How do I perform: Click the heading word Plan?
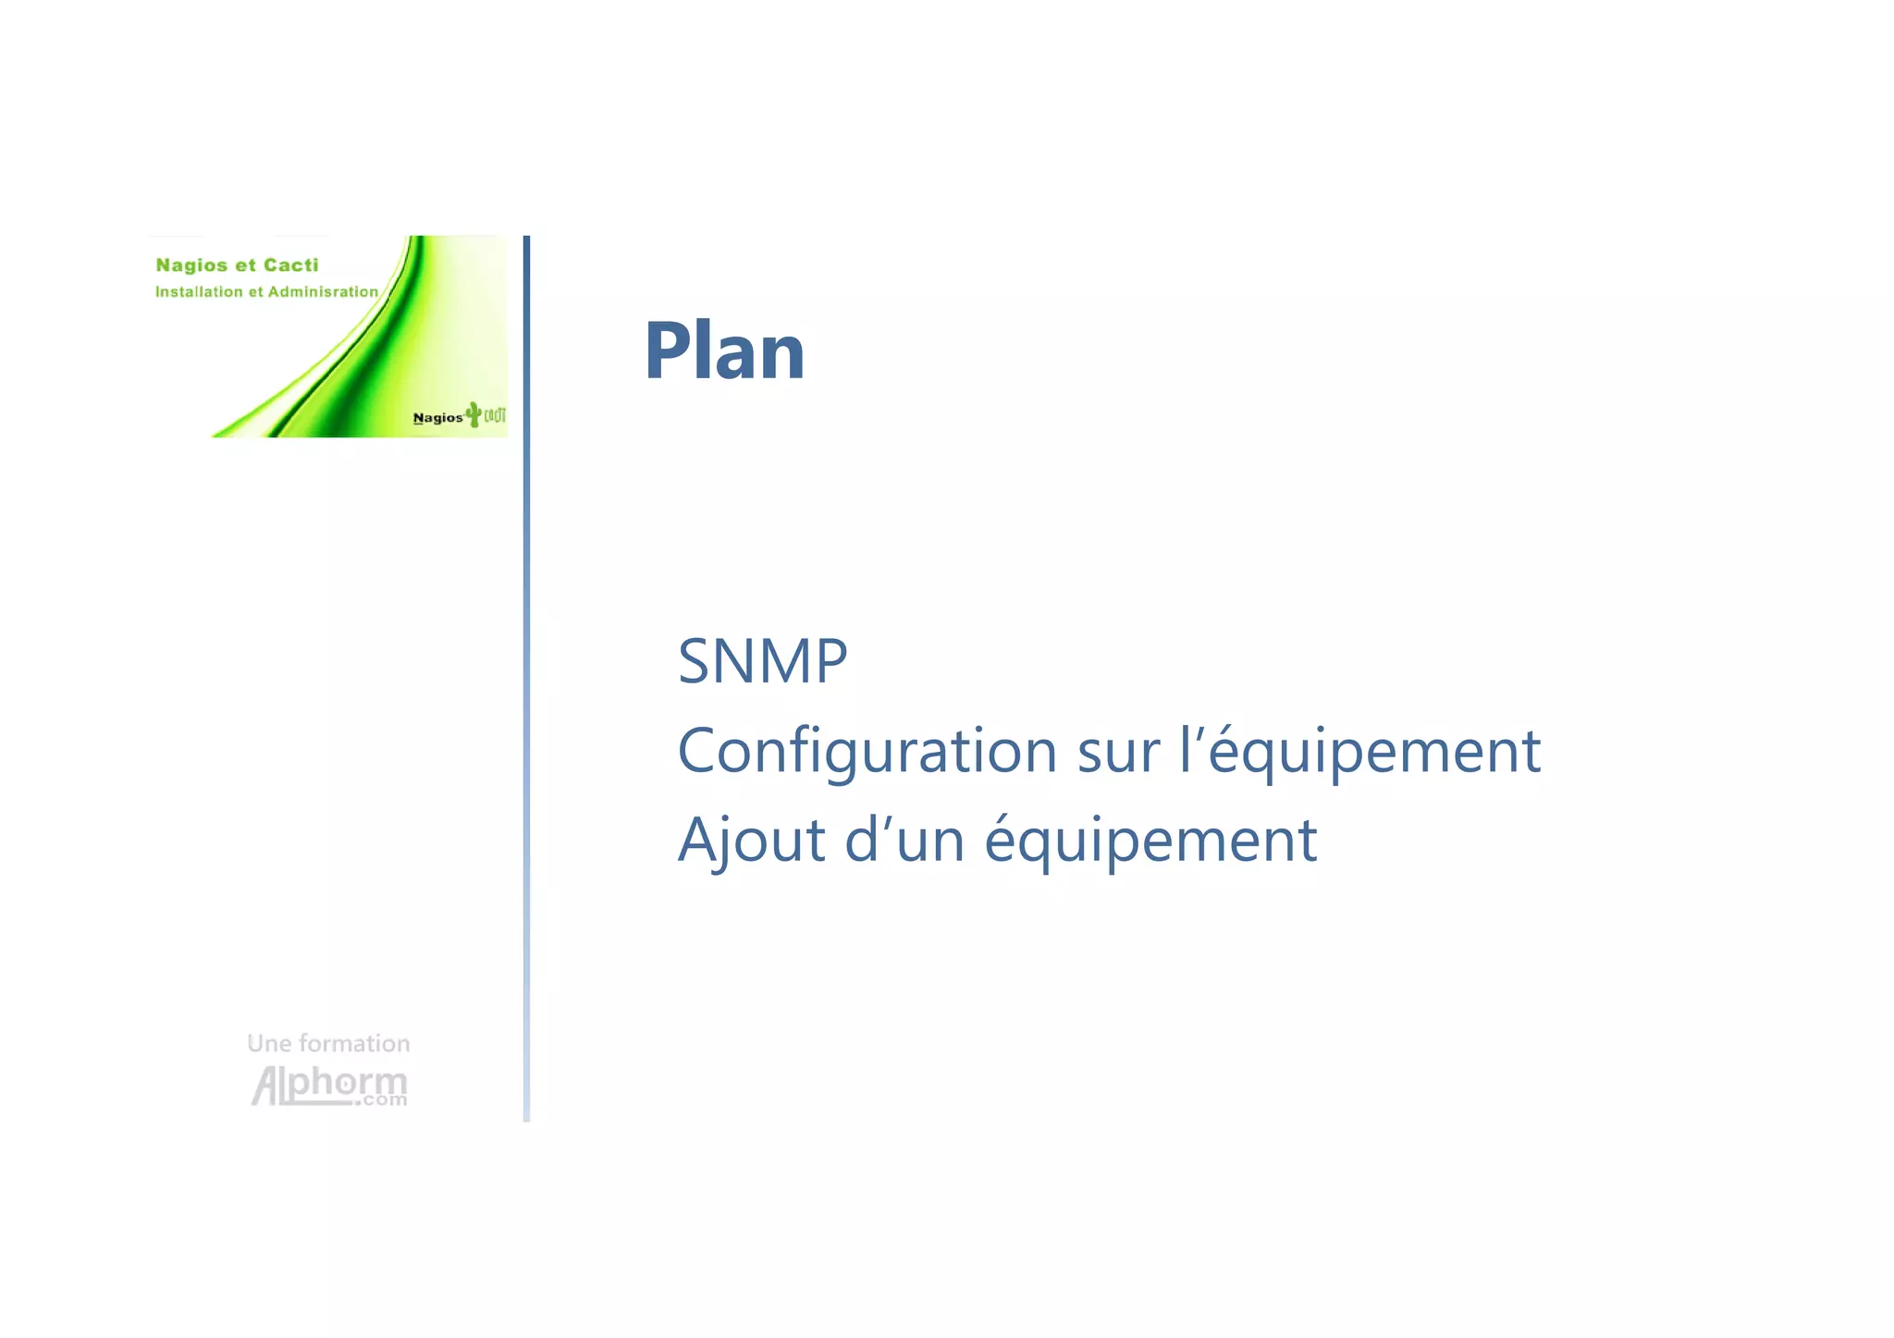click(x=724, y=350)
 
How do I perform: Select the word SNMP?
click(x=762, y=661)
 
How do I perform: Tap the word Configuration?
click(x=867, y=751)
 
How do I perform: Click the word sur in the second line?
click(x=1117, y=751)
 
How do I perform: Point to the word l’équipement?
click(x=1360, y=751)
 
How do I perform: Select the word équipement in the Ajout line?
click(x=1150, y=841)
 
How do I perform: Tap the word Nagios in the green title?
click(x=191, y=265)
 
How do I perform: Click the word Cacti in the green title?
click(x=290, y=265)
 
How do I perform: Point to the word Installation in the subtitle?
click(x=199, y=292)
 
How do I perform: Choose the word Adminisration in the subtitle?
click(x=323, y=292)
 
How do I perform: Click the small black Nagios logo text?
click(x=437, y=418)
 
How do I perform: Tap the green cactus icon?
click(x=473, y=414)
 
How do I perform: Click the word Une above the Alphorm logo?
click(x=269, y=1044)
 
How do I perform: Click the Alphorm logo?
click(x=328, y=1084)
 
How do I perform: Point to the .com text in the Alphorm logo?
click(x=384, y=1100)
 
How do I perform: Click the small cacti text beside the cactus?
click(x=495, y=415)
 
